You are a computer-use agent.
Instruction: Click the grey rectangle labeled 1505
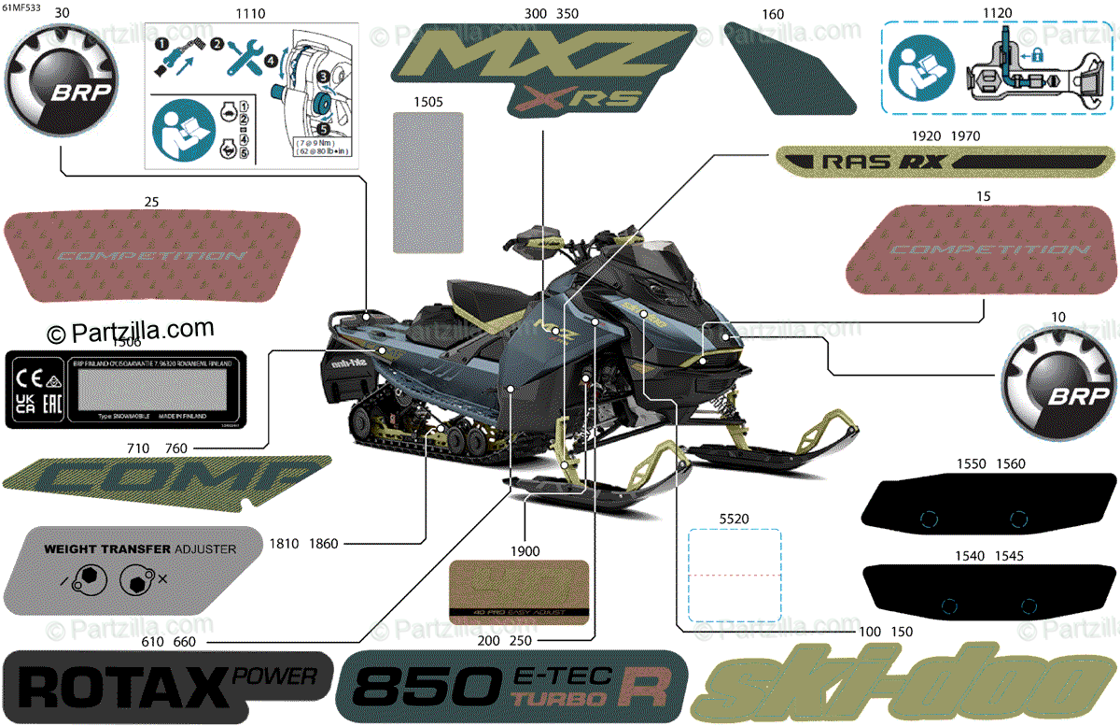pos(428,182)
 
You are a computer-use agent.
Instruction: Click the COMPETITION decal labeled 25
pos(152,255)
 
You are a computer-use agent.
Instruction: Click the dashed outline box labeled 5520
pos(734,576)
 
